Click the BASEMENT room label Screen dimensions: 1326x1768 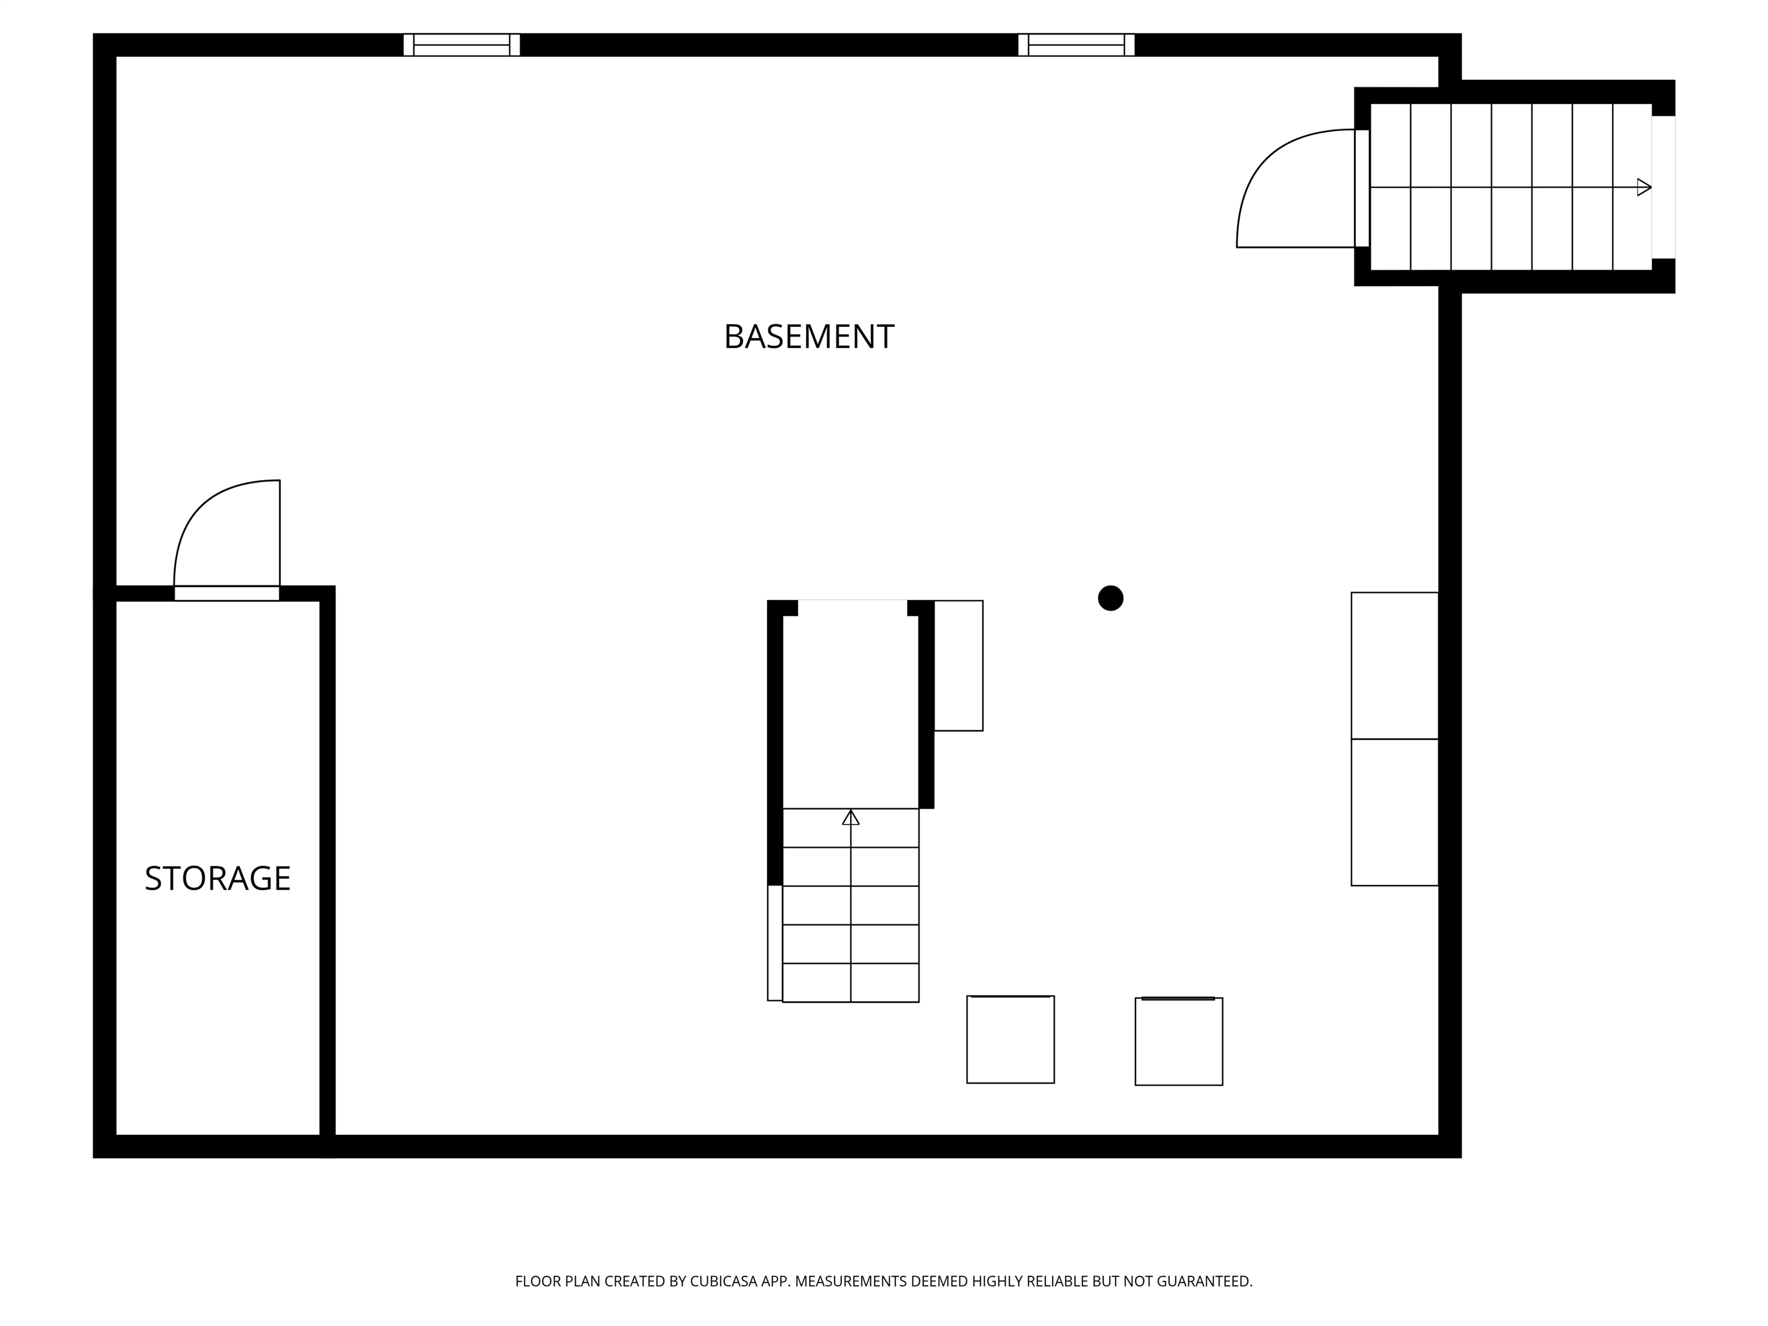pyautogui.click(x=808, y=337)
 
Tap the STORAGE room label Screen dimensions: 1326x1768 pyautogui.click(x=218, y=878)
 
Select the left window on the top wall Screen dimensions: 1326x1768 pyautogui.click(x=461, y=45)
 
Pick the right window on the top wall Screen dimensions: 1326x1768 pyautogui.click(x=1076, y=45)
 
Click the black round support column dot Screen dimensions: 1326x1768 pyautogui.click(x=1110, y=598)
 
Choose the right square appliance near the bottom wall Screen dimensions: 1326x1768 pyautogui.click(x=1178, y=1042)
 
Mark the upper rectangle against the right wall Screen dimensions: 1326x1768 pyautogui.click(x=1394, y=666)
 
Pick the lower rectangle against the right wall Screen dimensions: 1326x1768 pyautogui.click(x=1394, y=812)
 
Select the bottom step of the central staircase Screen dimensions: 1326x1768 pyautogui.click(x=851, y=982)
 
